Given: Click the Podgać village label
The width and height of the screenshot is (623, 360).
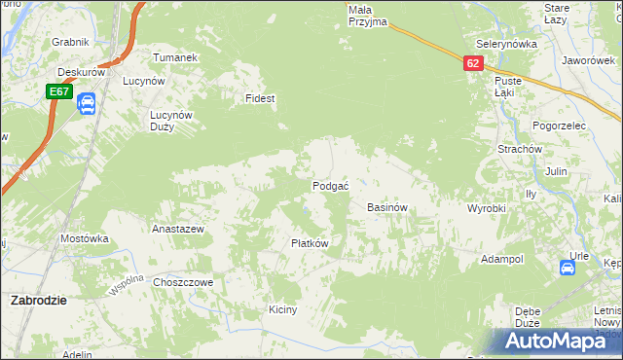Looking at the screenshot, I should click(x=331, y=186).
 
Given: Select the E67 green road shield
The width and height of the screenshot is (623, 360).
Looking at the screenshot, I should click(x=58, y=91).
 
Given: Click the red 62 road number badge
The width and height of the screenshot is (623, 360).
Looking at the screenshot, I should click(x=472, y=62).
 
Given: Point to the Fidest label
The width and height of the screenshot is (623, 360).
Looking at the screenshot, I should click(x=260, y=99).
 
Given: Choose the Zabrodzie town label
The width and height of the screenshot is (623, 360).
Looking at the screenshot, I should click(x=38, y=300).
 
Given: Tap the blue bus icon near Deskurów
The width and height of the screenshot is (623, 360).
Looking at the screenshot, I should click(x=85, y=102).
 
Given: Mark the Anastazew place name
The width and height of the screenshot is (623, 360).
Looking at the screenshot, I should click(x=177, y=230).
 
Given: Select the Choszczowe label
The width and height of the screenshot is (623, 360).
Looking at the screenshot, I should click(x=183, y=282).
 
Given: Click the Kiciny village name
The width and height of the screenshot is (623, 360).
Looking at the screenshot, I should click(x=282, y=309).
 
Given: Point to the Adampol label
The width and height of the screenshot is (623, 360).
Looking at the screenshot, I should click(x=502, y=260).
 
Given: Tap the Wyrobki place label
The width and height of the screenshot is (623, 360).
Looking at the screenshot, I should click(x=486, y=209).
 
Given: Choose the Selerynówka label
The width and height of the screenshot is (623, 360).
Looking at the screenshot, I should click(x=506, y=45).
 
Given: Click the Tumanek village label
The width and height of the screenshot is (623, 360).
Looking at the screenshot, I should click(x=175, y=57).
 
